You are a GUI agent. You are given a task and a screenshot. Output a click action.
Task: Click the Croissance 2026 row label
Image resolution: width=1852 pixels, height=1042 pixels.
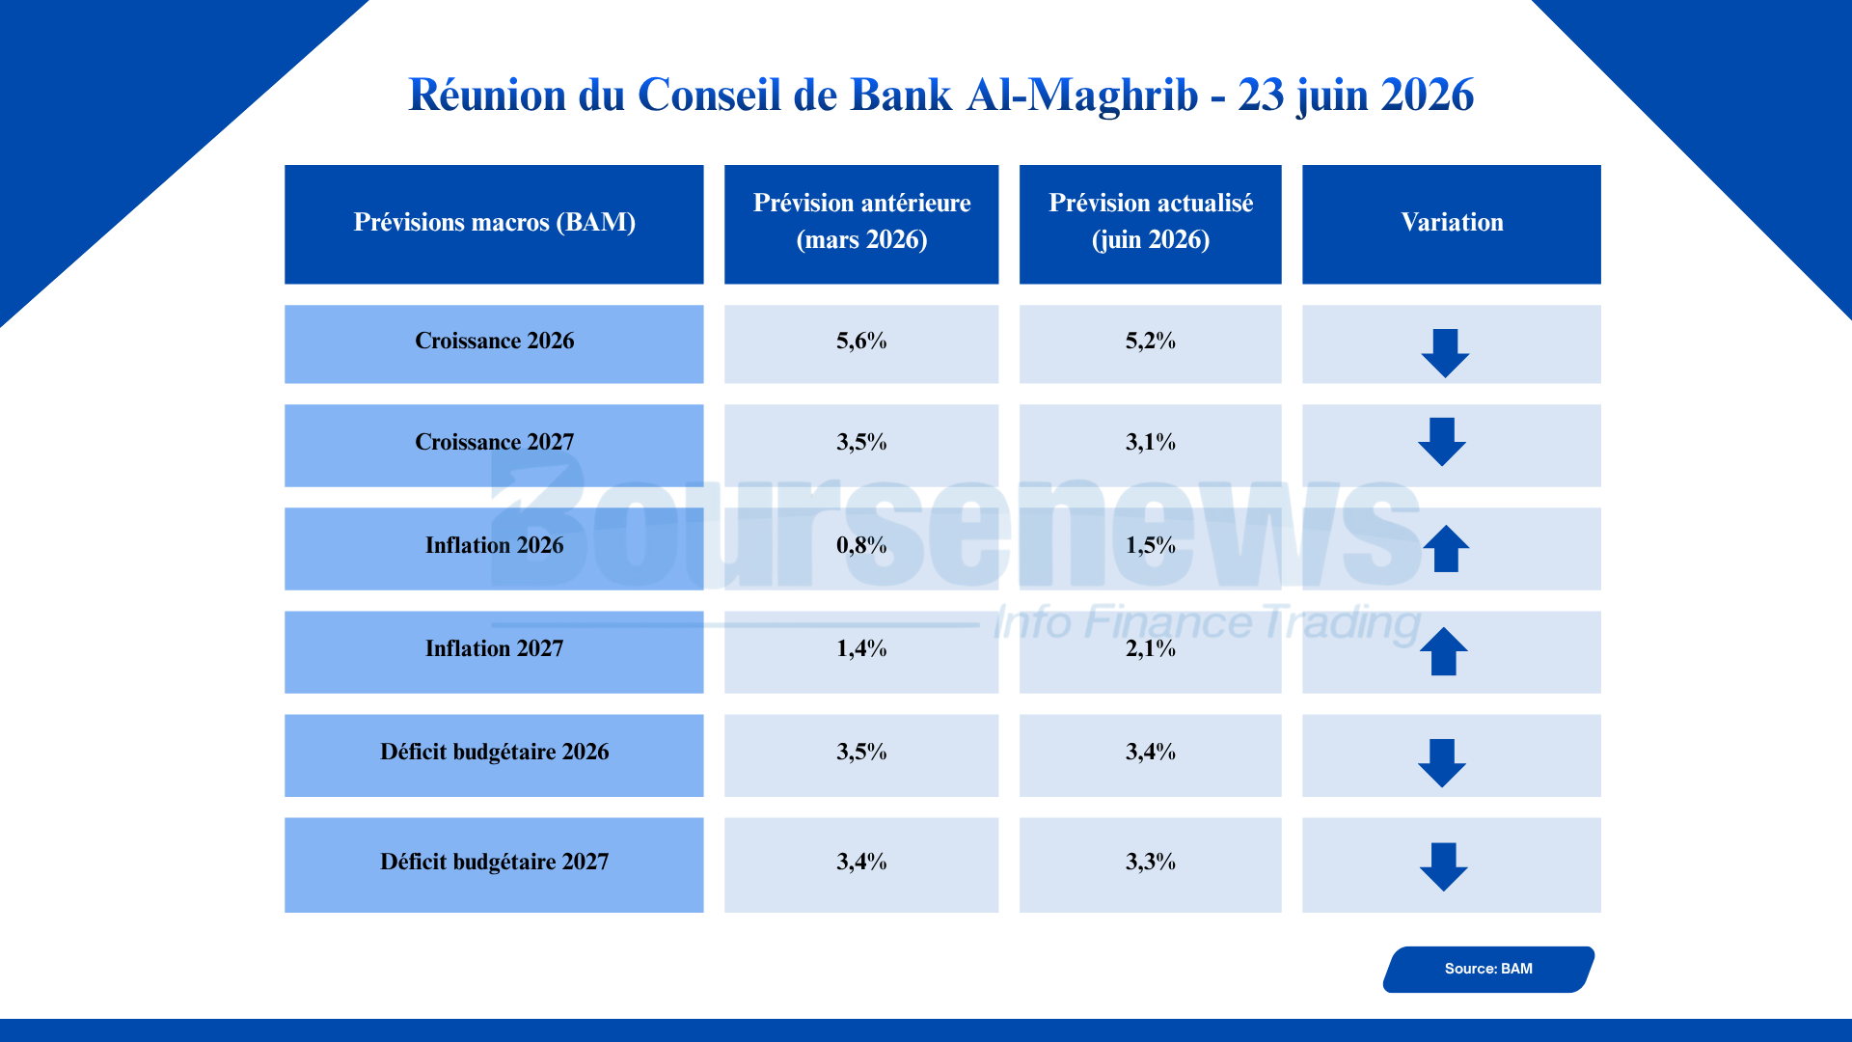494,341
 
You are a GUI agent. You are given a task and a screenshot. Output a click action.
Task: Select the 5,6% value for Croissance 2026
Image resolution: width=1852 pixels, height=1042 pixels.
861,341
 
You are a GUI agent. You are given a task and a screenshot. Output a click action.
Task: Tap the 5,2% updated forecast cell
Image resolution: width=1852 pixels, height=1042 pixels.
1151,341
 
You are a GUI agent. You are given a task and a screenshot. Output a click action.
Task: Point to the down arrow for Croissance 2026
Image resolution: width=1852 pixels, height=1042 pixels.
1445,353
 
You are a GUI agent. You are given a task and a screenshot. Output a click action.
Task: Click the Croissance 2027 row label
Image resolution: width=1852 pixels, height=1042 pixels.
494,442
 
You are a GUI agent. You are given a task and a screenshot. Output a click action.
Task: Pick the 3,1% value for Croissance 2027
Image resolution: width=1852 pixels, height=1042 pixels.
1151,442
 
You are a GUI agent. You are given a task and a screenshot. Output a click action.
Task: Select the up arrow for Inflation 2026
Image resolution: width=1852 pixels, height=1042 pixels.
1446,548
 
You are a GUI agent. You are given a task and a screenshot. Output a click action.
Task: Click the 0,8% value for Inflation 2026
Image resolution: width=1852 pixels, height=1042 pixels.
861,545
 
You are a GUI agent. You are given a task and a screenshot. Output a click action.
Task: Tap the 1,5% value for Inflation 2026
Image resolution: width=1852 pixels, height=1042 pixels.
1151,545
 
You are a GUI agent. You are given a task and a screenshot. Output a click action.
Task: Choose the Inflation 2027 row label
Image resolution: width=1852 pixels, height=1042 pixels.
494,648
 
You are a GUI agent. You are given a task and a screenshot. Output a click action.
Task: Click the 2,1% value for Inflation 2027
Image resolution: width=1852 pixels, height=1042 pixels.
1151,648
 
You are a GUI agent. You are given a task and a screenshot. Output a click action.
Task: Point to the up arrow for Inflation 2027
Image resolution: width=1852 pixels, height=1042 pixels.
1444,651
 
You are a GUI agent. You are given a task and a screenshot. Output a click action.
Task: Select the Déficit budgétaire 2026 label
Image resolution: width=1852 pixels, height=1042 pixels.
494,752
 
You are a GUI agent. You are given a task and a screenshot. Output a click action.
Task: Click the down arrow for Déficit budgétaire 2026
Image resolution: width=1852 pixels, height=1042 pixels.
1442,763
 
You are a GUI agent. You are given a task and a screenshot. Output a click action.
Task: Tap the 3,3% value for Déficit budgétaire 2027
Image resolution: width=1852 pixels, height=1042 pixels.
1151,862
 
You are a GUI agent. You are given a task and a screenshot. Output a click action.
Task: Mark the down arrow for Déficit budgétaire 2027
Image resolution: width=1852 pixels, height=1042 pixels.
1444,866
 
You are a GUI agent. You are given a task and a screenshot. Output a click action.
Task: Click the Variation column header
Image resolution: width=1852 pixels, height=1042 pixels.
1452,223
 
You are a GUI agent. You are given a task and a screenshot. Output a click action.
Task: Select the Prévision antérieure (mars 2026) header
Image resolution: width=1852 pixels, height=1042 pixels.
861,221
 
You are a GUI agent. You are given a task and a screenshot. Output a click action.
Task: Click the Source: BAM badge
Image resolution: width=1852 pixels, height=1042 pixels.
1488,969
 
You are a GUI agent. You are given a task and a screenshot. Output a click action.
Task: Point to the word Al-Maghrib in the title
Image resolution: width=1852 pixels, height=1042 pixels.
1082,95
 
